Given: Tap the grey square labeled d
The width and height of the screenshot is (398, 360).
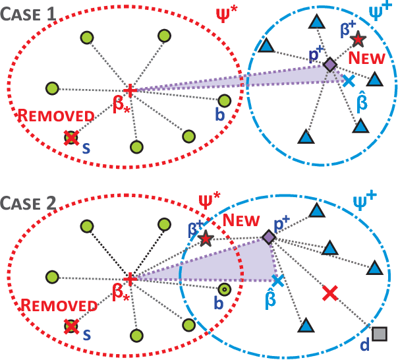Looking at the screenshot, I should (x=378, y=334).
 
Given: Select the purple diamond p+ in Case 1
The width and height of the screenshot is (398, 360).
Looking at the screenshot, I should (x=329, y=64).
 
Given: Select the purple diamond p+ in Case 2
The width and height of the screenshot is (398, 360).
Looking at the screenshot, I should (x=268, y=237).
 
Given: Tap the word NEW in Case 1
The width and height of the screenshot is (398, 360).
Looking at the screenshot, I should (x=367, y=59).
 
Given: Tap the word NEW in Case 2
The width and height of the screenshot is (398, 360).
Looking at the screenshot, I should (x=238, y=220).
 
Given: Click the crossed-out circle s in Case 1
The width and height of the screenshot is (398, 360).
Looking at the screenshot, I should (x=71, y=138).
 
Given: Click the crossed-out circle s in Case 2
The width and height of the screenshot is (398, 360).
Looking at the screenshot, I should (x=71, y=326).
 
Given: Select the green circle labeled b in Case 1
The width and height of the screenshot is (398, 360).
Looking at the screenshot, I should (x=224, y=101).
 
